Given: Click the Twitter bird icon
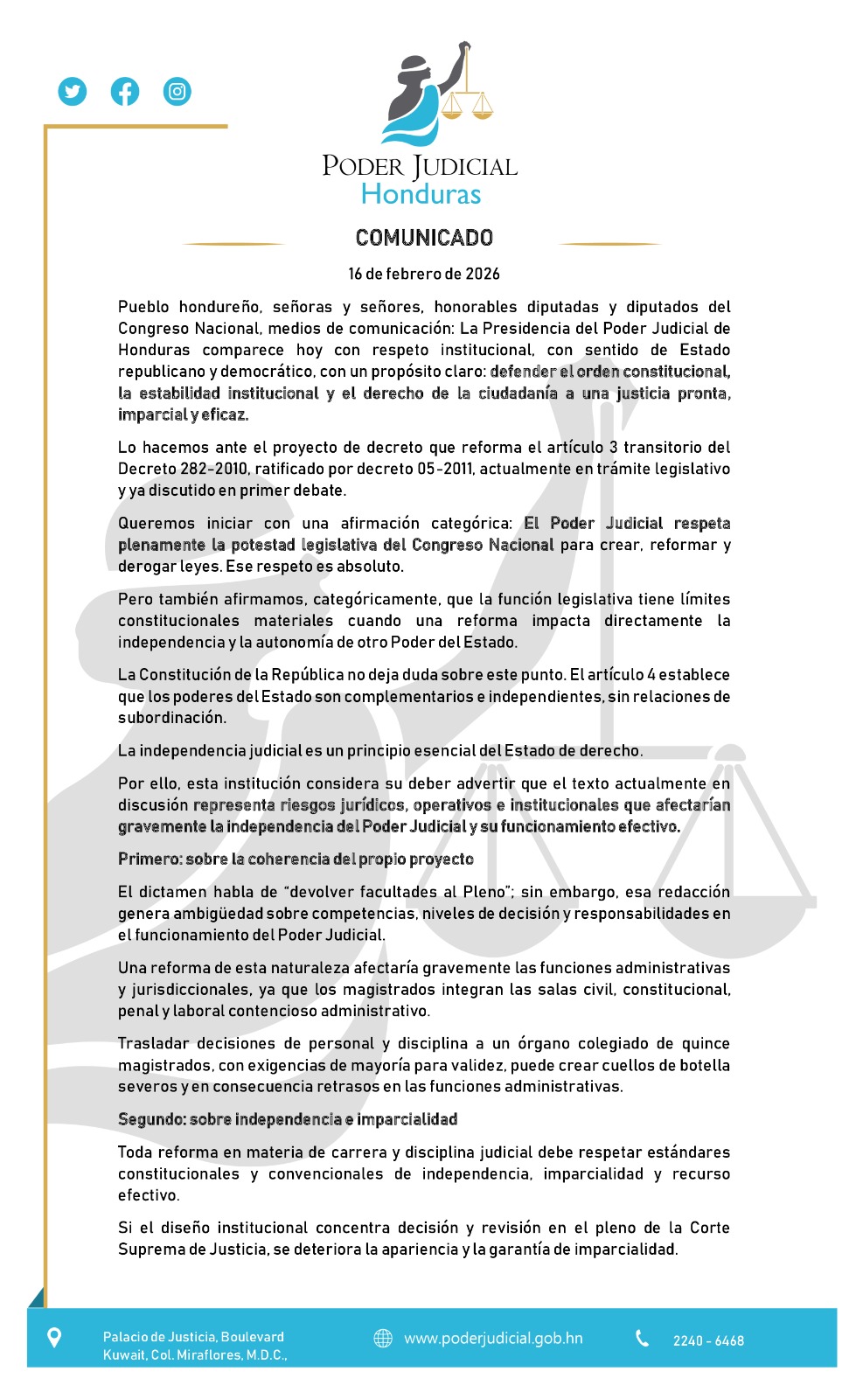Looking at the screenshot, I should [73, 91].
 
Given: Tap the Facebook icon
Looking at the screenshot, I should [125, 91].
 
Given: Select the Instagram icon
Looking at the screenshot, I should [177, 91].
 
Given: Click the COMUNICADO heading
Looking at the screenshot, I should [424, 238].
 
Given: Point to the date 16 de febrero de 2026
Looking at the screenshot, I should [424, 274].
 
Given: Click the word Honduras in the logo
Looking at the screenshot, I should [421, 194].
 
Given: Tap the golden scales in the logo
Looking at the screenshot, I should [468, 101].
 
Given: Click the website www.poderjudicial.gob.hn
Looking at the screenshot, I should [493, 1339].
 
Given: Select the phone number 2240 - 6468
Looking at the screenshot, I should [708, 1340].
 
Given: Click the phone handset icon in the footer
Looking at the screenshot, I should [643, 1339].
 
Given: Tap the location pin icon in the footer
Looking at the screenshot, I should [54, 1338].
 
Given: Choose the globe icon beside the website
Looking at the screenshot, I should [383, 1339].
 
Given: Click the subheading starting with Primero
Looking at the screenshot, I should [296, 860].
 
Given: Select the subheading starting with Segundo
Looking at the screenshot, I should [288, 1119].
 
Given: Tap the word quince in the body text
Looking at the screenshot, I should [706, 1043].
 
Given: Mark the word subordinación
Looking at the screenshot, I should [172, 718].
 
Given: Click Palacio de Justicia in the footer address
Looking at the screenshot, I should [159, 1337].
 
